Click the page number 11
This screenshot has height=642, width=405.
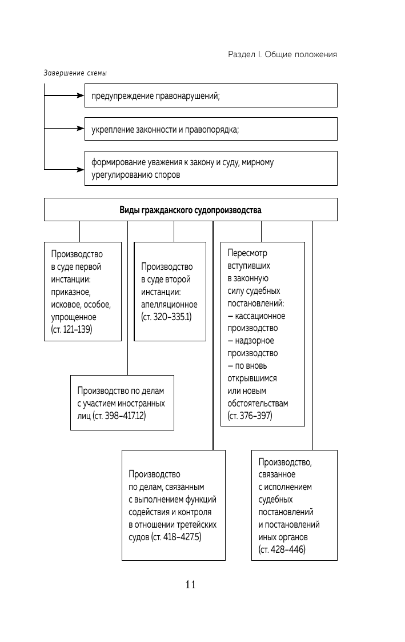pos(191,584)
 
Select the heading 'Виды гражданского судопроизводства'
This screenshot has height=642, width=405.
pos(190,210)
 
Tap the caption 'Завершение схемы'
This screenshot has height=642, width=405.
pos(75,73)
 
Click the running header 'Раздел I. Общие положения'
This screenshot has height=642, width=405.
pos(282,54)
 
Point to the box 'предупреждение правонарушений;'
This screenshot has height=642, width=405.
pos(211,96)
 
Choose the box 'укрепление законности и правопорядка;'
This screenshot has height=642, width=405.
pos(211,130)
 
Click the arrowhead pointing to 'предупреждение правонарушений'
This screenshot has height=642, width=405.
pos(81,95)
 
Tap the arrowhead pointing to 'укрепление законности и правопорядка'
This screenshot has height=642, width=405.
pos(81,129)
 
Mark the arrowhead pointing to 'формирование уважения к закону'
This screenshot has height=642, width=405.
pos(81,169)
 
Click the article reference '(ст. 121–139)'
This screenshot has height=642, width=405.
pos(71,330)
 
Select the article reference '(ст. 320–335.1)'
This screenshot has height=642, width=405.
pos(166,317)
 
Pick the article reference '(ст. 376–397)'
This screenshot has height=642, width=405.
pos(250,416)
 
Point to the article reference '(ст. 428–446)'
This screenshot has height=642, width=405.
pos(282,550)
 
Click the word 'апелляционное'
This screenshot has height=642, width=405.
pos(169,304)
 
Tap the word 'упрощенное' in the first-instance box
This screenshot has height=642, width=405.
pos(74,317)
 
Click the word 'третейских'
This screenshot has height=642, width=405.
pos(197,525)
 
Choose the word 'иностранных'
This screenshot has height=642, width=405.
pos(145,403)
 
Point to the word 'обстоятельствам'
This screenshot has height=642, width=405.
pos(258,403)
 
